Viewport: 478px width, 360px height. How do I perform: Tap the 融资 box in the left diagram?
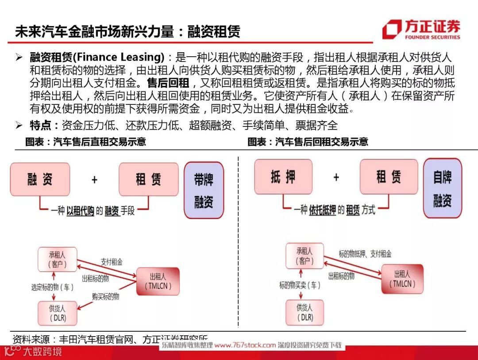click(x=40, y=179)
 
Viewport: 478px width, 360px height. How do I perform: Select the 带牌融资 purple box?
click(x=204, y=190)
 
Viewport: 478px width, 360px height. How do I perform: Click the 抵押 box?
click(x=283, y=176)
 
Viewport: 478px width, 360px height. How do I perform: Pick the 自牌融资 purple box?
click(x=442, y=188)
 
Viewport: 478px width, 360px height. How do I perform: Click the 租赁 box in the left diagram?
click(x=148, y=179)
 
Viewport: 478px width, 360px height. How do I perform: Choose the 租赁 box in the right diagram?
click(x=389, y=176)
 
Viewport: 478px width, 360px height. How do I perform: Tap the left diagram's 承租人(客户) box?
click(x=57, y=260)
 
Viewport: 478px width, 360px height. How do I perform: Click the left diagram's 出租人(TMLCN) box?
click(x=158, y=281)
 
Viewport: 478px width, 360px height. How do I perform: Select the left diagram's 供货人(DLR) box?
click(x=58, y=313)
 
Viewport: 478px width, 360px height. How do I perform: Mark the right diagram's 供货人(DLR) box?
click(x=305, y=312)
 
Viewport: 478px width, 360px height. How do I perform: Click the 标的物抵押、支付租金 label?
click(x=365, y=254)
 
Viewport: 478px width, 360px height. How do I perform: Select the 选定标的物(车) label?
click(x=52, y=287)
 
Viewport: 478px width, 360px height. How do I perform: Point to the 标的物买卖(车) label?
click(x=300, y=285)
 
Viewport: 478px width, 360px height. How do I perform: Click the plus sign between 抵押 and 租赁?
click(x=336, y=177)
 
